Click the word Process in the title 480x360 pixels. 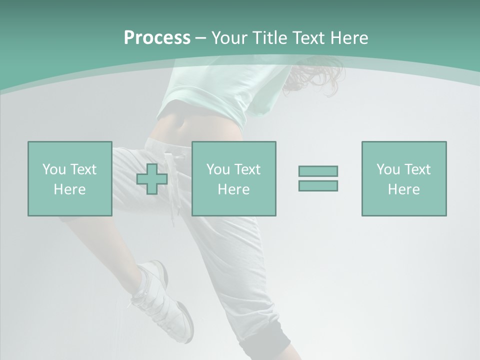(157, 38)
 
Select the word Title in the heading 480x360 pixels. (269, 38)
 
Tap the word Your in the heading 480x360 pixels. (230, 38)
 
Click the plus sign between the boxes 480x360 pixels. (152, 179)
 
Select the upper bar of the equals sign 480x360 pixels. (318, 171)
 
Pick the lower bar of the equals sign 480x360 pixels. (318, 185)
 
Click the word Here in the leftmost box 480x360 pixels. (69, 189)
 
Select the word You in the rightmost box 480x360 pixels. (388, 169)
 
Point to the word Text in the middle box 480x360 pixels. (247, 169)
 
